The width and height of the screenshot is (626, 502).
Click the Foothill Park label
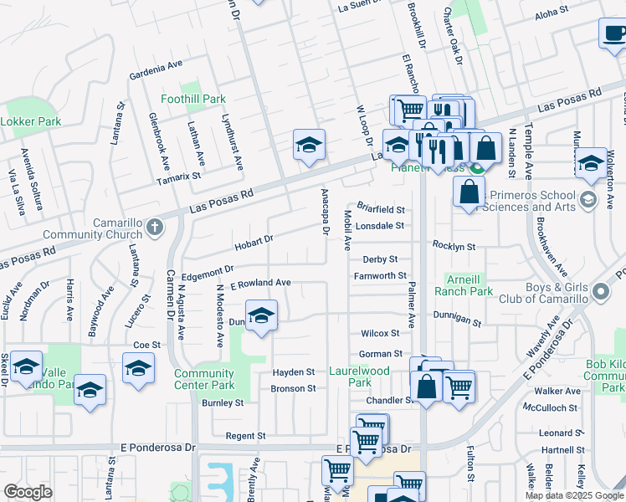click(x=193, y=99)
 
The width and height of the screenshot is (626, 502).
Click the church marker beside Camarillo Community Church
click(x=154, y=227)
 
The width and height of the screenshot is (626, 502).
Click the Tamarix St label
click(x=178, y=177)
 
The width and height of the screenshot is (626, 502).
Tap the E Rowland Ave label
click(x=254, y=283)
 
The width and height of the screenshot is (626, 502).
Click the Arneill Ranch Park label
click(x=463, y=286)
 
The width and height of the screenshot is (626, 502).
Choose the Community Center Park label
click(x=205, y=379)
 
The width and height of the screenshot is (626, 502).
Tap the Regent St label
click(x=245, y=436)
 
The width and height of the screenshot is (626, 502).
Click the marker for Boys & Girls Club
click(x=600, y=292)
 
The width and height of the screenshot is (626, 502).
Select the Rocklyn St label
click(x=454, y=247)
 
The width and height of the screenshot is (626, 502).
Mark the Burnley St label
click(x=222, y=402)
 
